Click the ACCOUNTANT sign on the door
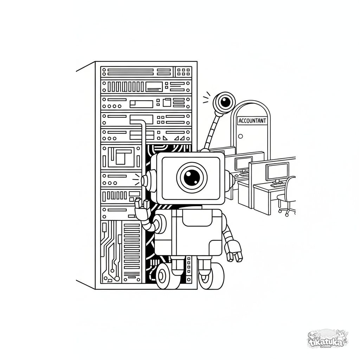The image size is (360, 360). [x=252, y=121]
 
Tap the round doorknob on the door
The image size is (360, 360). [x=240, y=136]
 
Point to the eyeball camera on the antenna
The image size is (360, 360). [x=224, y=102]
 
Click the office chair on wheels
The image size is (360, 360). [x=287, y=196]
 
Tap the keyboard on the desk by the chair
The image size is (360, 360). [x=278, y=185]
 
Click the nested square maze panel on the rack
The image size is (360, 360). [x=121, y=157]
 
